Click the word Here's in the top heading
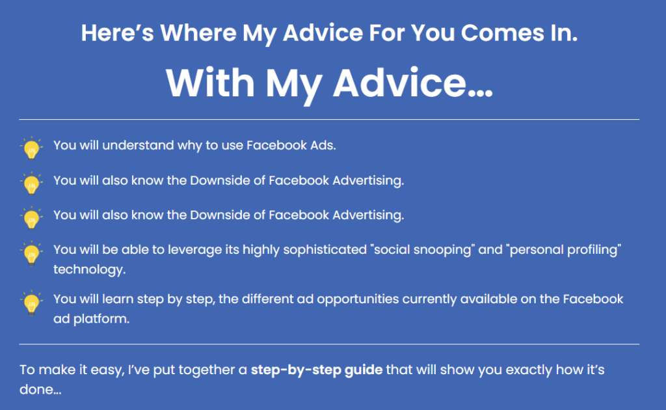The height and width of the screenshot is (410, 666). point(117,33)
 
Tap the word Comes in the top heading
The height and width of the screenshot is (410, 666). point(503,33)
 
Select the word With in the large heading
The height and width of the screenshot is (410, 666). point(210,83)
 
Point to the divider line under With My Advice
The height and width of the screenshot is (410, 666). point(329,119)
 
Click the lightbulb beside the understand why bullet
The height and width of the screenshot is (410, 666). point(31,148)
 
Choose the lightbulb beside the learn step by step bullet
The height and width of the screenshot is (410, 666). point(31,303)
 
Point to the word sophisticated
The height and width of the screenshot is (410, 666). point(325,250)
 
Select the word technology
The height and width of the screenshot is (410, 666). point(89,270)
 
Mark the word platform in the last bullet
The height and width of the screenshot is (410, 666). point(101,319)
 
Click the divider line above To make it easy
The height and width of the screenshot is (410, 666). point(329,344)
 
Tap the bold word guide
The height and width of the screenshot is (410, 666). point(363,370)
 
